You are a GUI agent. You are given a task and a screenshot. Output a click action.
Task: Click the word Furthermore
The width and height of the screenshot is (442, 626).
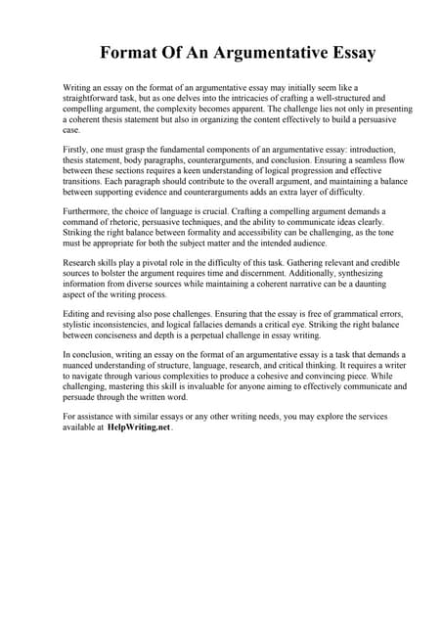pyautogui.click(x=90, y=210)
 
